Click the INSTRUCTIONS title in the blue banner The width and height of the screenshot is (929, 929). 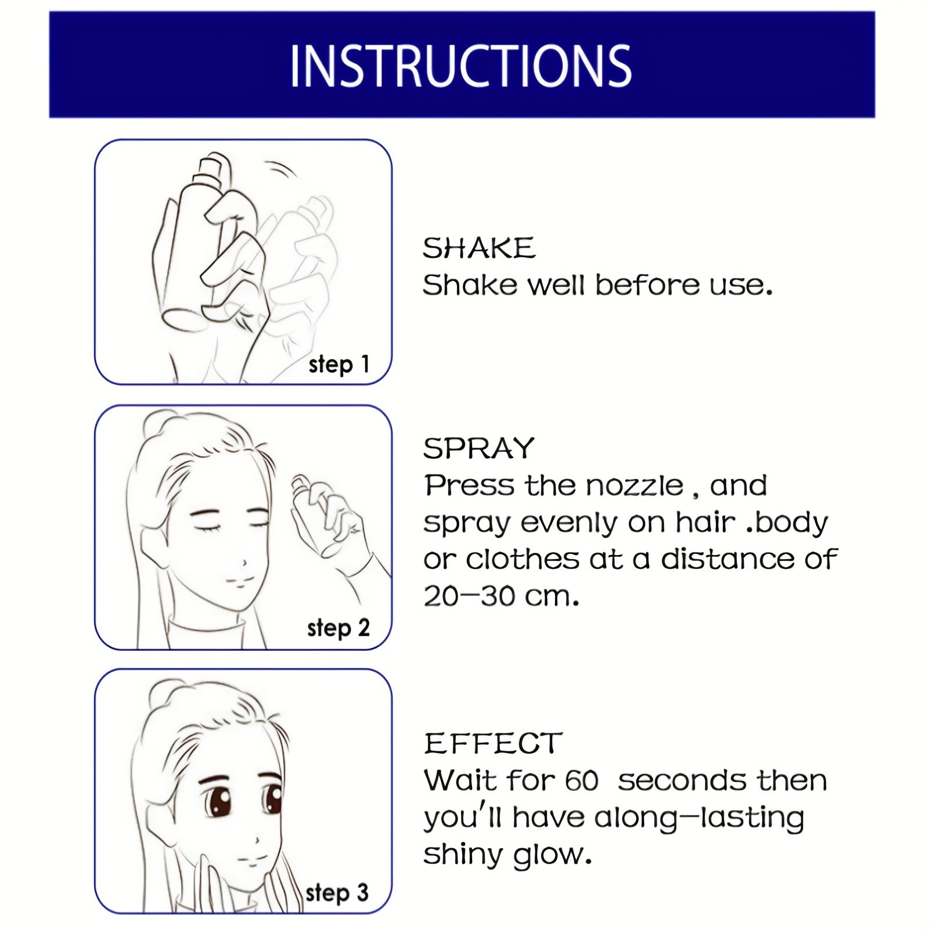(x=460, y=66)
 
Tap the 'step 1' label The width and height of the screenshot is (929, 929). (x=339, y=365)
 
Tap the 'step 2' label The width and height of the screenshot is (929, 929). (x=339, y=628)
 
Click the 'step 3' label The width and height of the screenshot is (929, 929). (x=337, y=892)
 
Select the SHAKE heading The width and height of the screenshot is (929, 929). (x=478, y=249)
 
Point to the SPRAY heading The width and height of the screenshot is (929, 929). (x=478, y=448)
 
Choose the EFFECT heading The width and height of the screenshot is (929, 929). (x=493, y=744)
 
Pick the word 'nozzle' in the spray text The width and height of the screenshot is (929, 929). (x=634, y=485)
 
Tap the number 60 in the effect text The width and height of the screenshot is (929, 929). (x=581, y=781)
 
